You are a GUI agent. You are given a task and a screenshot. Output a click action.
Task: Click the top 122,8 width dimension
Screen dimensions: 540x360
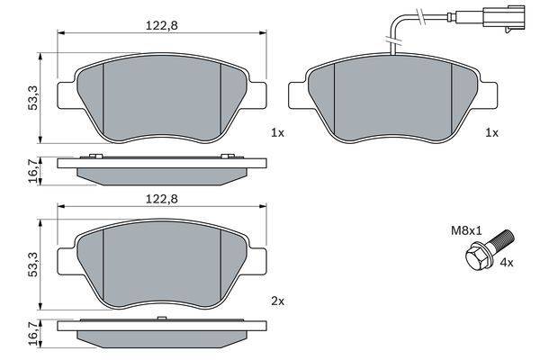[161, 26]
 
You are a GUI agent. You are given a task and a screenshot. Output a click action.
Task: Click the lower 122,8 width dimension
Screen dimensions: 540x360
[161, 199]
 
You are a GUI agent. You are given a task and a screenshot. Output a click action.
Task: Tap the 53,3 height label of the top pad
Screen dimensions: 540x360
[33, 98]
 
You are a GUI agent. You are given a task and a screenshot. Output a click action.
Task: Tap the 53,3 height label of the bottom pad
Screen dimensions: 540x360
[33, 265]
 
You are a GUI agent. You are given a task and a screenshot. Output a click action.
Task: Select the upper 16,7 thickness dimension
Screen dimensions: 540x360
[33, 171]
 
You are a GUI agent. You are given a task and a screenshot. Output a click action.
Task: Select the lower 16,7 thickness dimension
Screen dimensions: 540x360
[33, 335]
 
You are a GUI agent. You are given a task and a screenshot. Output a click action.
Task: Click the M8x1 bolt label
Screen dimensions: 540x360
[466, 230]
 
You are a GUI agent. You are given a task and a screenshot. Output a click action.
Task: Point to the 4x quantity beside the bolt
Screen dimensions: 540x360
[507, 263]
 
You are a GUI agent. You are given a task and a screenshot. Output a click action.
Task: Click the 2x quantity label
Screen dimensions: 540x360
[278, 301]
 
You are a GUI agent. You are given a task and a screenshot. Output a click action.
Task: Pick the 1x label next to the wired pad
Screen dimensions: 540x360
[491, 132]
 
